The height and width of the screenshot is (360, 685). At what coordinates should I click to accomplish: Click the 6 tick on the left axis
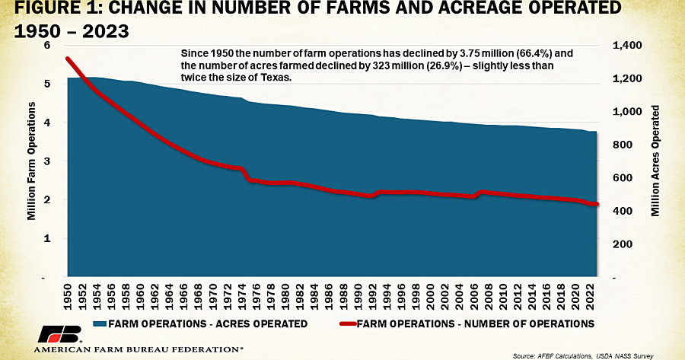pos(48,46)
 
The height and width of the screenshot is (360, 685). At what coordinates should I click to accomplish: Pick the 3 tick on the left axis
pos(48,161)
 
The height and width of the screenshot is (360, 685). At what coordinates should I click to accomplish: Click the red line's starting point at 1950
pos(68,59)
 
